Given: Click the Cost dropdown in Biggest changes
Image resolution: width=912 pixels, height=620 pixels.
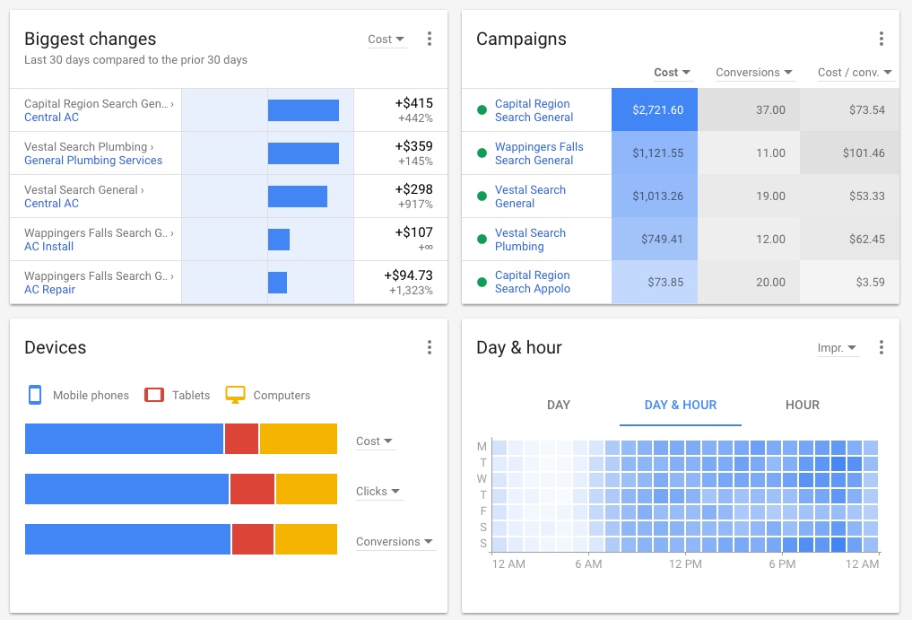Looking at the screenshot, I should [x=387, y=39].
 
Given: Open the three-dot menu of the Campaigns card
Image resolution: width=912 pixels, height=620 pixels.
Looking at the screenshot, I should [x=881, y=39].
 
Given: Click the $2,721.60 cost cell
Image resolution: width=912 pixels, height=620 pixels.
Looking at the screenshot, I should [x=655, y=110].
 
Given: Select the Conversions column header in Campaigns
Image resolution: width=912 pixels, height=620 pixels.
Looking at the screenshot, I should [x=753, y=73].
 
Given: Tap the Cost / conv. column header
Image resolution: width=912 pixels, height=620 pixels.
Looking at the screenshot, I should [x=855, y=73].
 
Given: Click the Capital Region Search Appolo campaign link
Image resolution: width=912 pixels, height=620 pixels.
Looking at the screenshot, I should [x=533, y=282].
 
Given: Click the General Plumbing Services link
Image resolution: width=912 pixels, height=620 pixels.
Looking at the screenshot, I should [x=93, y=161].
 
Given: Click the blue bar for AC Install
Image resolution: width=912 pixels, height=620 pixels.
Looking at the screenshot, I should [x=279, y=240].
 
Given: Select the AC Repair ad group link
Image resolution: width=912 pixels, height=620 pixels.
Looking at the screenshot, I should [x=49, y=290].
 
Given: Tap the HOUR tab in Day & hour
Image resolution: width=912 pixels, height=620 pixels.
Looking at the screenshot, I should [x=802, y=405].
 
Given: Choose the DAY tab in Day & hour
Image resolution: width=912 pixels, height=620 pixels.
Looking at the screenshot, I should [x=559, y=405].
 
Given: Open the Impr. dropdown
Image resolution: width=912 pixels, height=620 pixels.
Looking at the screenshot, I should [x=837, y=348].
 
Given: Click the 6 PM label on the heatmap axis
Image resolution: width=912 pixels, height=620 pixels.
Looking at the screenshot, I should [x=782, y=564].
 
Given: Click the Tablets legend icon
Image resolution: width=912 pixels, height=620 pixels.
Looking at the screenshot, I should [x=154, y=395].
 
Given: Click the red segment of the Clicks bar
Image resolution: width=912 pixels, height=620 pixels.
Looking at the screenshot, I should [x=252, y=489].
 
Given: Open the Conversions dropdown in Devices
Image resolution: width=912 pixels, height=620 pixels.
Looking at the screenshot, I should [x=395, y=542].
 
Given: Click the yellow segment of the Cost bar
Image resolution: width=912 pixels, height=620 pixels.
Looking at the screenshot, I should [x=298, y=439].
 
